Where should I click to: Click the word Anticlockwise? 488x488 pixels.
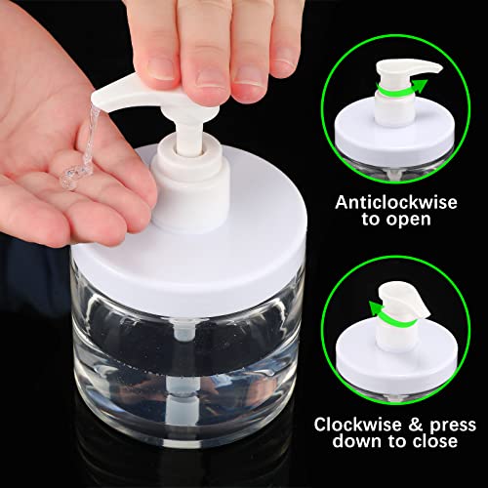(x=396, y=202)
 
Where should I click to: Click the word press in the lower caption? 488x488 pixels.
(x=453, y=426)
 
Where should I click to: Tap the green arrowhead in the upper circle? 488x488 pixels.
(x=421, y=85)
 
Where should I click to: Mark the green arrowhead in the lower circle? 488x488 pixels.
(x=375, y=307)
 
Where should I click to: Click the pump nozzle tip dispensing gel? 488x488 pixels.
(x=96, y=101)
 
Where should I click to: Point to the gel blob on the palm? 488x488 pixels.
(x=70, y=177)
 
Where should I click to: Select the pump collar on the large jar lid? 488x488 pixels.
(x=191, y=183)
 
